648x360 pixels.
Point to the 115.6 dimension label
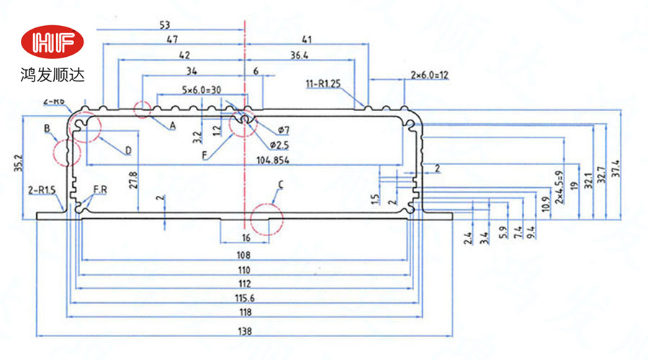(243, 298)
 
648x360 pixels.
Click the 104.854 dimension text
(274, 160)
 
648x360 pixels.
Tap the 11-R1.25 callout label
(323, 84)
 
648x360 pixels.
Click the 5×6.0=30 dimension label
(181, 90)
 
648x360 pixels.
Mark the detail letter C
(281, 185)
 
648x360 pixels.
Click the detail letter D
(128, 150)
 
